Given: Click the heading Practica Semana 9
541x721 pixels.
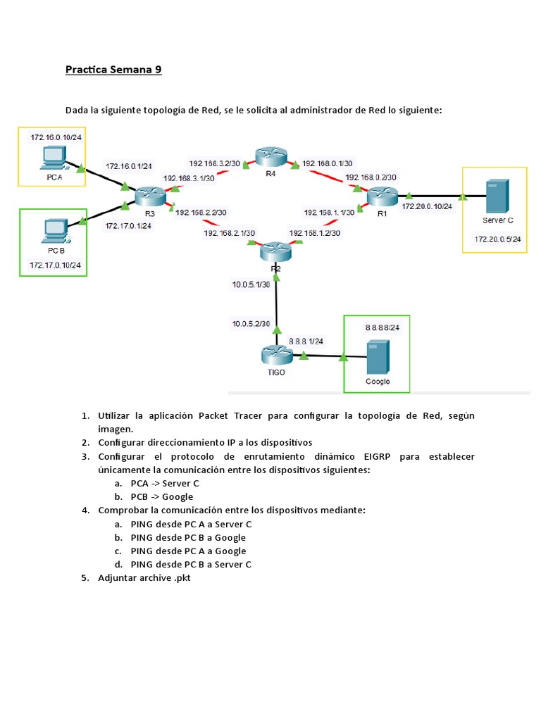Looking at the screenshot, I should click(113, 70).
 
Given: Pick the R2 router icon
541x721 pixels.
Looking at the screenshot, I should click(275, 251).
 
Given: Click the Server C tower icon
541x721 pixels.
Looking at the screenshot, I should click(497, 197).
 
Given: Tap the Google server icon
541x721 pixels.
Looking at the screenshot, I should click(377, 358).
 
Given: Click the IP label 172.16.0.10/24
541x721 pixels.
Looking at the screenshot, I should click(56, 137).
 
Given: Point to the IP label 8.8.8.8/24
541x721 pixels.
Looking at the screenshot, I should click(381, 328).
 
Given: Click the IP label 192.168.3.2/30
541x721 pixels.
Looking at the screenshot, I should click(214, 163).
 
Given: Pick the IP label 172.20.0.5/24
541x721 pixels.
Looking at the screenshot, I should click(498, 239).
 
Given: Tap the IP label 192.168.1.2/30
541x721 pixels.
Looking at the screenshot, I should click(315, 232).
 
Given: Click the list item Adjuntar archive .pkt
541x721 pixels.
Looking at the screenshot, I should click(144, 577).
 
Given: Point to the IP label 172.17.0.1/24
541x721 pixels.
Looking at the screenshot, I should click(129, 226).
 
